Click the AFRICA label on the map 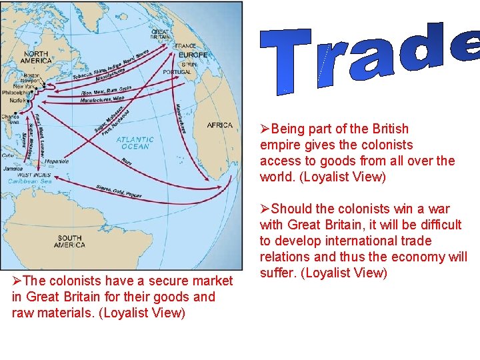click(220, 125)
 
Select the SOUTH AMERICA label click(70, 241)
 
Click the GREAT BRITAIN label click(160, 34)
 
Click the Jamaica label click(13, 169)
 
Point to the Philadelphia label click(16, 93)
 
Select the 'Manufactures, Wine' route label click(103, 100)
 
